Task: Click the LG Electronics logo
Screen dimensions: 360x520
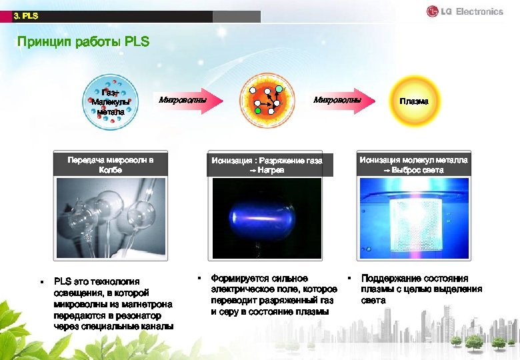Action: pos(465,11)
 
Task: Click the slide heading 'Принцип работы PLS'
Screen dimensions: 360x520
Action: pos(83,42)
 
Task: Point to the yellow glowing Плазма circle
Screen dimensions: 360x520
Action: pos(414,101)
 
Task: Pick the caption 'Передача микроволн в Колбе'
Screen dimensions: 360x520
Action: pos(110,165)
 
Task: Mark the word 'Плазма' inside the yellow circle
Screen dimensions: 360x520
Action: pos(414,101)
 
